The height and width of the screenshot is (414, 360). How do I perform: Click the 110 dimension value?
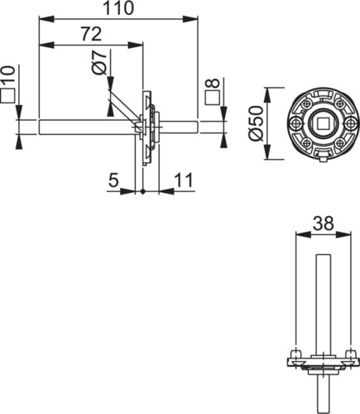tap(118, 8)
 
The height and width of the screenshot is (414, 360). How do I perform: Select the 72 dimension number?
tap(91, 34)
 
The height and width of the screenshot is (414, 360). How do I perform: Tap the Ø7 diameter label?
tap(99, 62)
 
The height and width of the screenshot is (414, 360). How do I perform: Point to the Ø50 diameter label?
tap(257, 123)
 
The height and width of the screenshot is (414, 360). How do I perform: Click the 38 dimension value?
tap(324, 223)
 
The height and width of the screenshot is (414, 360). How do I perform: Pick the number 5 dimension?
tap(113, 180)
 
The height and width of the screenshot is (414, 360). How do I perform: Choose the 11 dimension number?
tap(185, 180)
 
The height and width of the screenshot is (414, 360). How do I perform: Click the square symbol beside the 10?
tap(7, 96)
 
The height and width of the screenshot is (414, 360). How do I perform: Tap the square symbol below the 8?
tap(213, 98)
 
